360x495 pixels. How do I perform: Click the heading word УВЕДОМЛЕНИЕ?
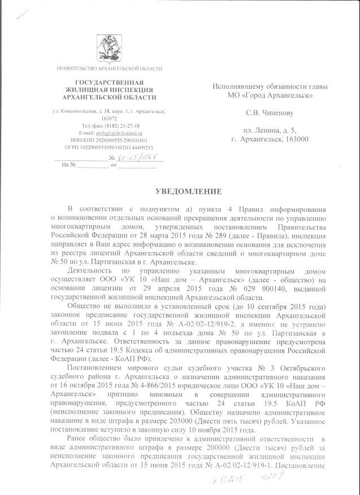pos(181,192)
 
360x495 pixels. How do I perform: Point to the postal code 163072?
pos(109,119)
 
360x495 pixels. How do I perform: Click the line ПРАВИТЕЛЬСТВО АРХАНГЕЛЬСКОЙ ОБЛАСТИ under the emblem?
pos(109,68)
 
